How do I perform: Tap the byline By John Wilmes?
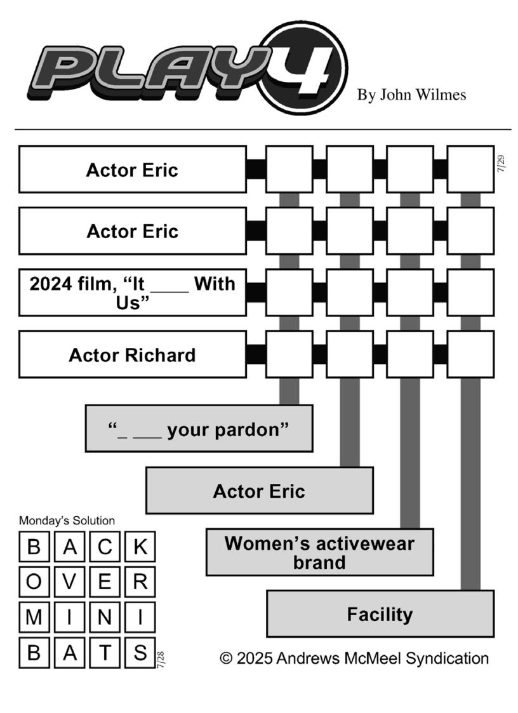[411, 95]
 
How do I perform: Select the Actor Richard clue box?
[132, 355]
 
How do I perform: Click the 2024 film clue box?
[132, 293]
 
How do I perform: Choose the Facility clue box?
[380, 614]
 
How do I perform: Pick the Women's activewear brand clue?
[320, 552]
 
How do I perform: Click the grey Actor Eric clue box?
[260, 491]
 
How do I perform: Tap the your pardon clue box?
[199, 429]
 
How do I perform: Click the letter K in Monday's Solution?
[140, 547]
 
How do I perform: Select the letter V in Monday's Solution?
[69, 582]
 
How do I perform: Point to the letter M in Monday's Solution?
[34, 618]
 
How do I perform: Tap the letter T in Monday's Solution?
[105, 653]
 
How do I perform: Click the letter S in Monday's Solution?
[140, 653]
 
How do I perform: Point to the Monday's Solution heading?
[67, 521]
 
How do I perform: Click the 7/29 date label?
[501, 164]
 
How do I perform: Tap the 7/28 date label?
[161, 660]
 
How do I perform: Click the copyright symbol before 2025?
[226, 658]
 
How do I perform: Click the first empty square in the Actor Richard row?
[289, 355]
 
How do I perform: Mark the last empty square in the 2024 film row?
[470, 293]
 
